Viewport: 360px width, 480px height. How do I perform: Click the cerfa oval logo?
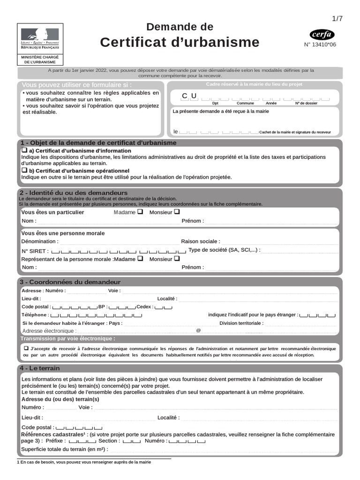click(322, 34)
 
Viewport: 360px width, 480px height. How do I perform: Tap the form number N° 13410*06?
click(320, 45)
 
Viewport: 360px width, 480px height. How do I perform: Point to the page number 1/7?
click(337, 19)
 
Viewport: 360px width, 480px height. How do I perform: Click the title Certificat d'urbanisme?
click(180, 42)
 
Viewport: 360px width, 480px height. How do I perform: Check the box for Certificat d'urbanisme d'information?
click(24, 150)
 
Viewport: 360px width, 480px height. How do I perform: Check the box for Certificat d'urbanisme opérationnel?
click(24, 171)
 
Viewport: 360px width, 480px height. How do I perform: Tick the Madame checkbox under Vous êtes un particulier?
click(140, 212)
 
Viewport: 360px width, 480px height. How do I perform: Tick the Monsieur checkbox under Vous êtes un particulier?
click(177, 212)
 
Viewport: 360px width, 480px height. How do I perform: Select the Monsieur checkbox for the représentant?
click(177, 258)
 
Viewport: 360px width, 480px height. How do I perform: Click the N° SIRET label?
click(35, 251)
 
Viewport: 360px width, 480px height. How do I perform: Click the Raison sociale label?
click(200, 241)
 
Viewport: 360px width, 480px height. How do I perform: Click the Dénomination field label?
click(40, 241)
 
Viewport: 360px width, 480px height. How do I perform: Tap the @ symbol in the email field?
click(198, 330)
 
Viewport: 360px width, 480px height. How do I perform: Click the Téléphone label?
click(35, 315)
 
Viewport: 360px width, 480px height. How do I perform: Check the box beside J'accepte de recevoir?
click(26, 349)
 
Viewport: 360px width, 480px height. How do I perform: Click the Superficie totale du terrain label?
click(65, 449)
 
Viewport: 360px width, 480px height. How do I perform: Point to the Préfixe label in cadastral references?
click(55, 441)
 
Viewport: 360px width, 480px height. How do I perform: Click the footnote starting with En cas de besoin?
click(84, 462)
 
